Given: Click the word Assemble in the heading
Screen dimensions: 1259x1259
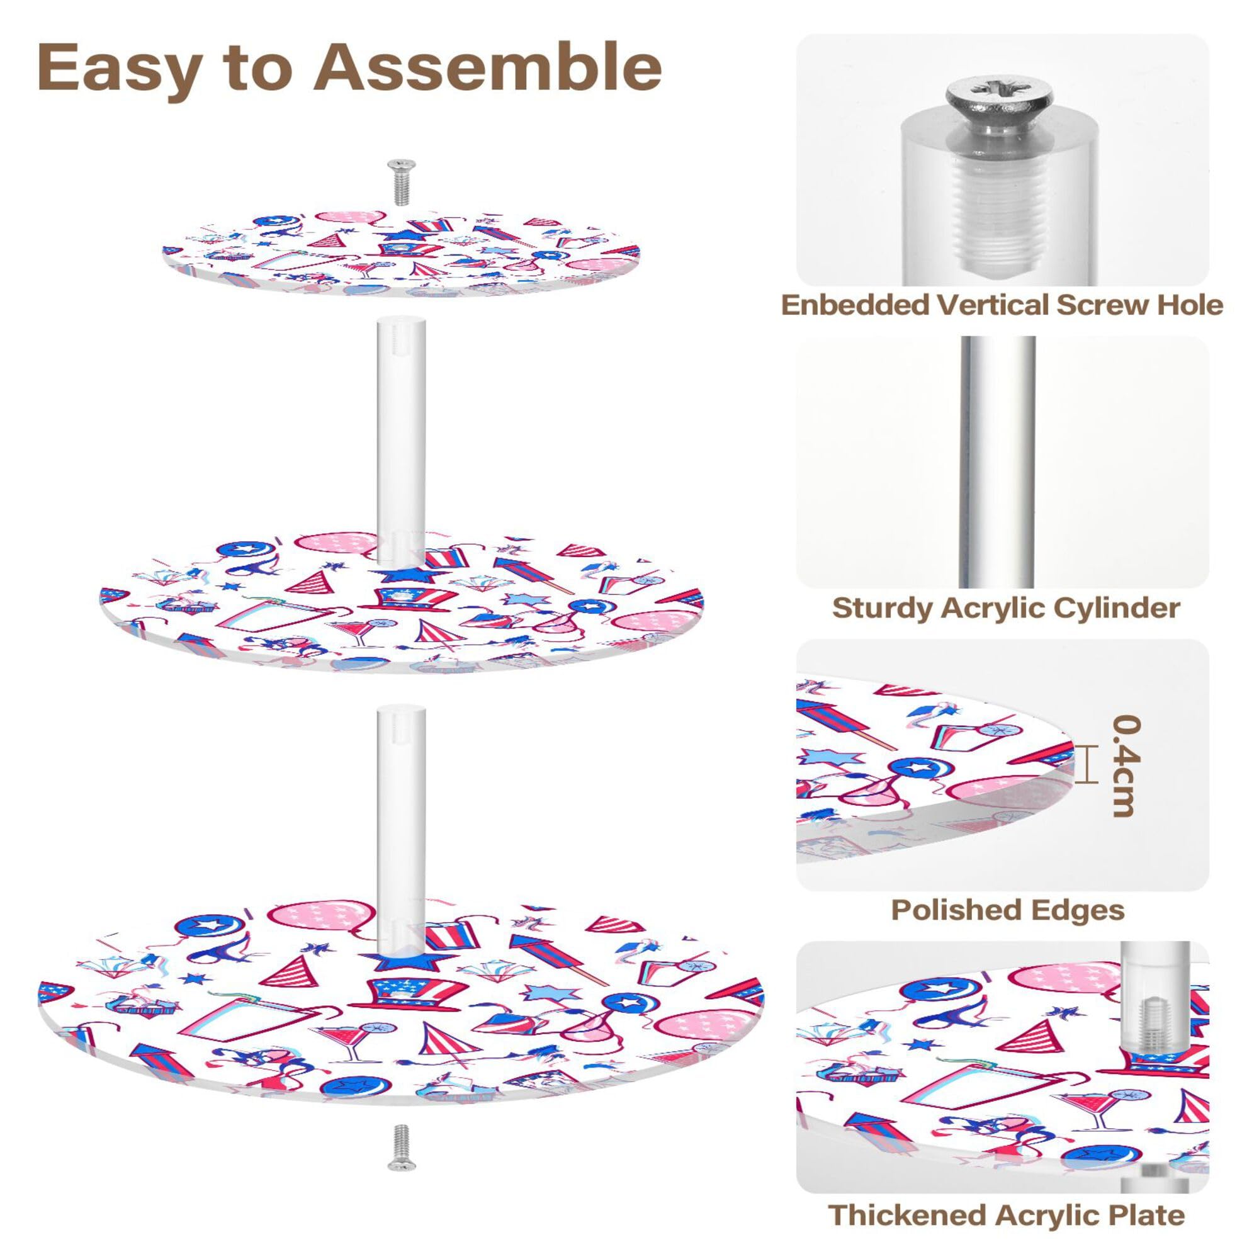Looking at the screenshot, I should [487, 67].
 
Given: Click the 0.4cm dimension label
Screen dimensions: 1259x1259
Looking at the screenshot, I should [1126, 765].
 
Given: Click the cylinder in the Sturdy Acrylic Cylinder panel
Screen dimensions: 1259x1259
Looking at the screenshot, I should [998, 463].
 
